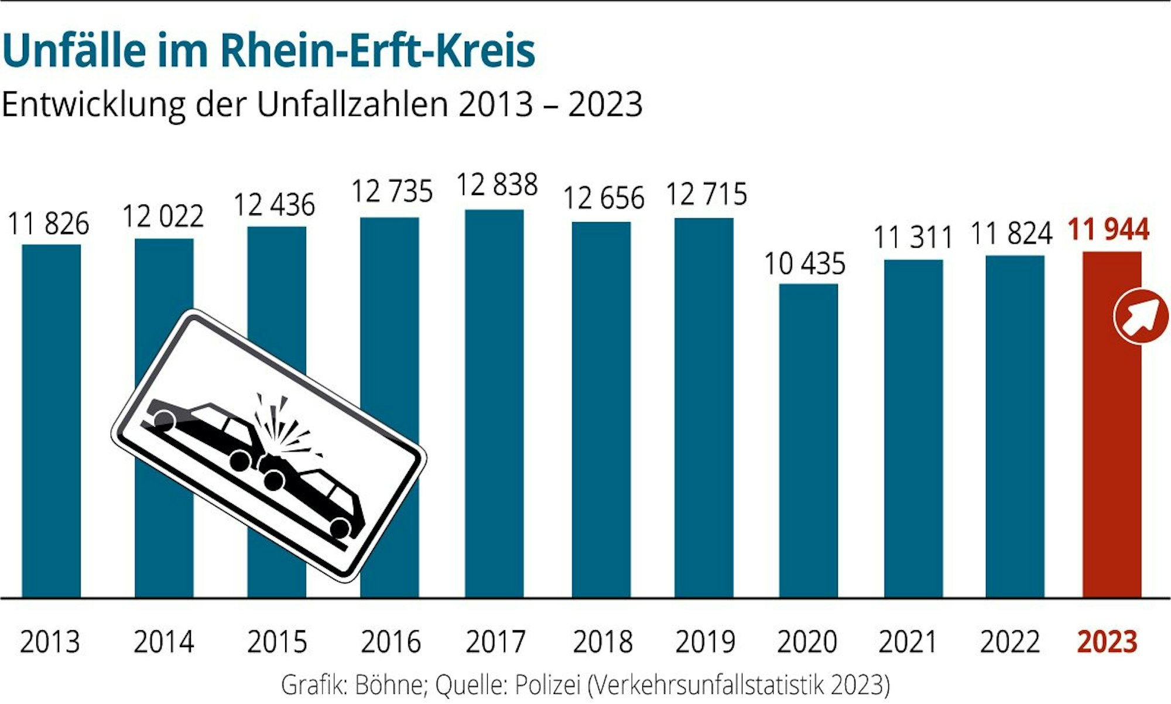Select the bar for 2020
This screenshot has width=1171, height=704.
(808, 439)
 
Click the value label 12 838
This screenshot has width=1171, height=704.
(497, 185)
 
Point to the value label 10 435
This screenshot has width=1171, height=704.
(805, 264)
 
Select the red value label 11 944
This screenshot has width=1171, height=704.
(1108, 229)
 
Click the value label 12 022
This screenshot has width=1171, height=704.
(163, 217)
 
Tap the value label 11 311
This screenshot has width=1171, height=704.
(913, 238)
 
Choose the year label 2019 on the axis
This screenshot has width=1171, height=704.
(705, 642)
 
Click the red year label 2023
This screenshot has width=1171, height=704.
(1107, 642)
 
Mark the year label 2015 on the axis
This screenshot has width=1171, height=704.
(277, 642)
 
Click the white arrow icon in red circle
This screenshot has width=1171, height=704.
(1141, 316)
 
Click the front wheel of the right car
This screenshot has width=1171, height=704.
(273, 480)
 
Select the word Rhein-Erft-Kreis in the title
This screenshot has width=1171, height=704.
(378, 52)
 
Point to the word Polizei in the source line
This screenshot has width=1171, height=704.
(547, 684)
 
